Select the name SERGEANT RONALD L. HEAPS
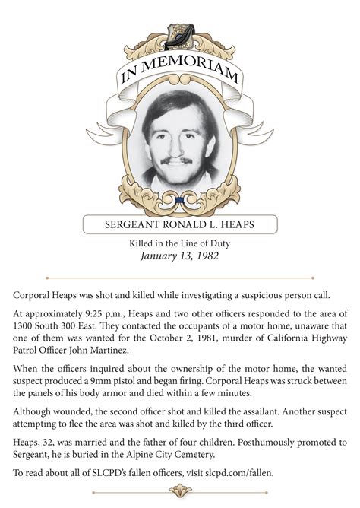[180, 224]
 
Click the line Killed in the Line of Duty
[180, 243]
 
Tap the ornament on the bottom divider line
[180, 491]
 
